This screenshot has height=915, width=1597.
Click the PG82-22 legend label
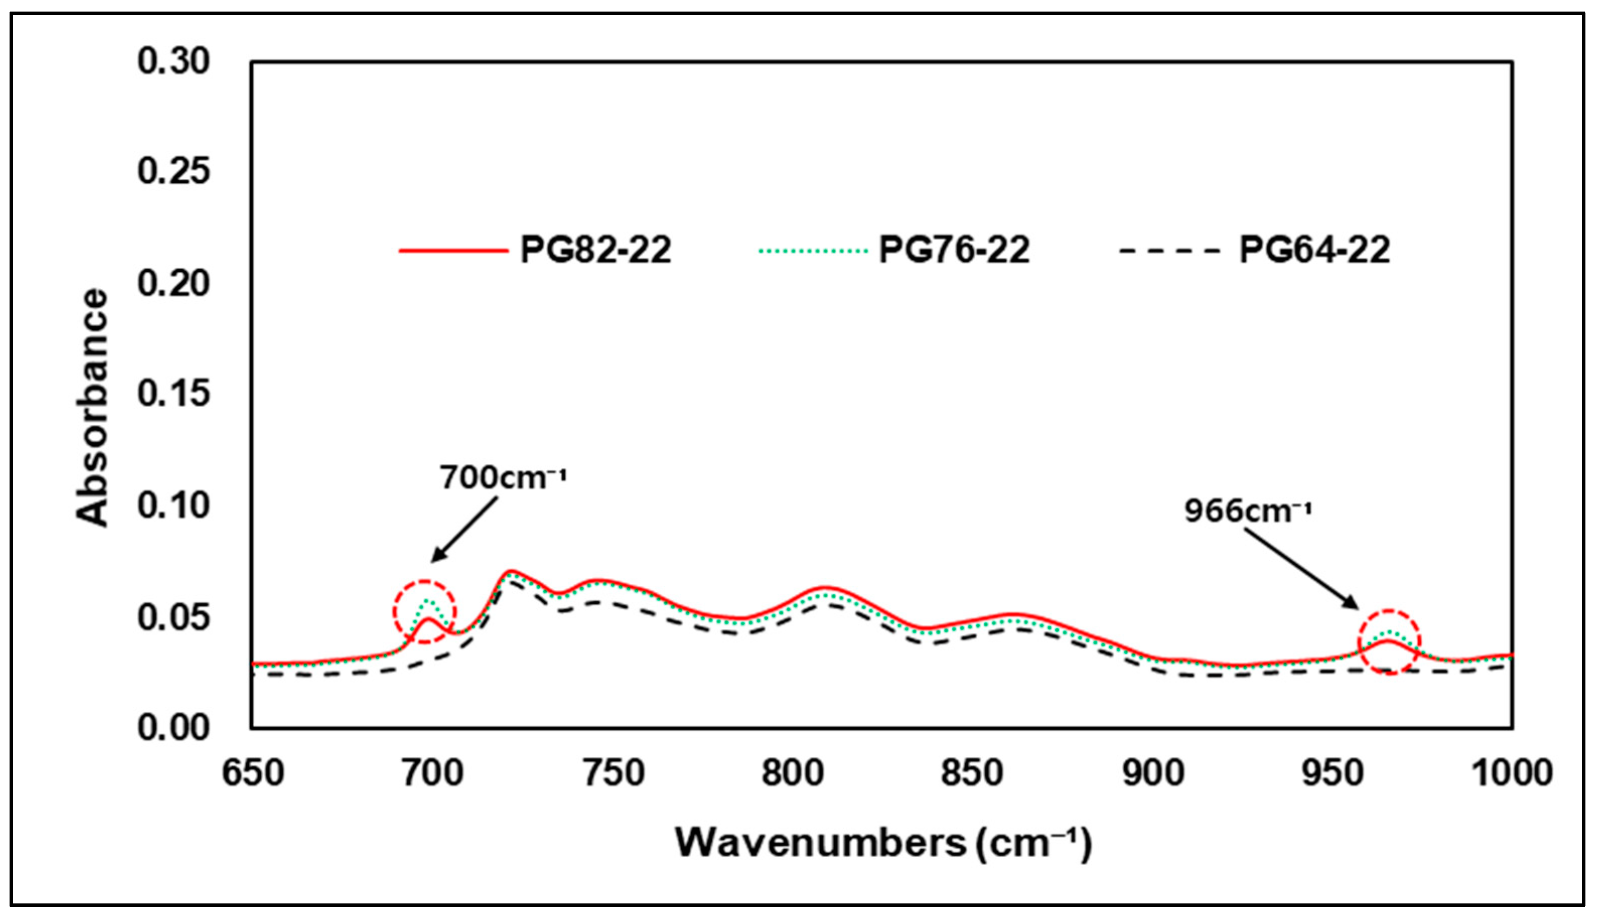[x=595, y=250]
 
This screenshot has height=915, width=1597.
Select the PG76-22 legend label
[x=954, y=250]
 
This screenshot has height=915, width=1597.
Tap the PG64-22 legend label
[x=1314, y=250]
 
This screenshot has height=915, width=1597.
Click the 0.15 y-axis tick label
[x=174, y=394]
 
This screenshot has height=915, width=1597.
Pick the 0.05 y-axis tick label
[x=174, y=617]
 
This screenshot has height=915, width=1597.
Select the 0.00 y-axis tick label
[x=174, y=728]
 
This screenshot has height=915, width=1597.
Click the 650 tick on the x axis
[x=253, y=773]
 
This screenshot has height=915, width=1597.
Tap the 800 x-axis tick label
[x=792, y=773]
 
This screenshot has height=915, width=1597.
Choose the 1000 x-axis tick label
[x=1511, y=773]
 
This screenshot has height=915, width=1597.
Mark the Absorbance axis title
[x=93, y=407]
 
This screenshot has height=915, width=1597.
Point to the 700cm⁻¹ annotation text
[x=503, y=478]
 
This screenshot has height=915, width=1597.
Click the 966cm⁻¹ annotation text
[x=1248, y=510]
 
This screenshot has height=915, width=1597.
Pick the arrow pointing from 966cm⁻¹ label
[x=1301, y=569]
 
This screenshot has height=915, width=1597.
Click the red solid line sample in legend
[x=453, y=250]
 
